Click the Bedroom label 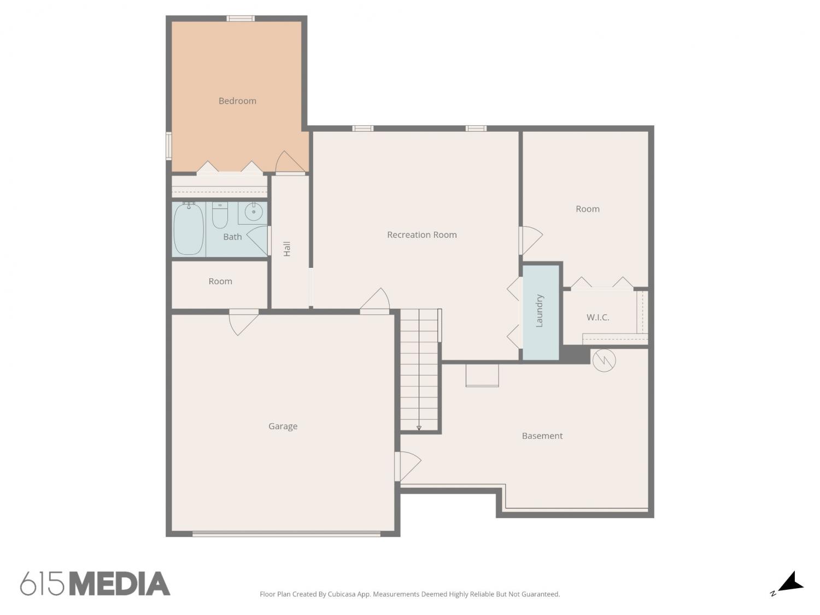[x=237, y=101]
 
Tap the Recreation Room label [x=422, y=235]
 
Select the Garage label [x=283, y=426]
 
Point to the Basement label [x=542, y=436]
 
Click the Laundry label [x=539, y=311]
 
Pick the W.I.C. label [x=598, y=318]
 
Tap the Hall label [x=287, y=249]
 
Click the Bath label [x=232, y=237]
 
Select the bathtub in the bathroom [x=189, y=229]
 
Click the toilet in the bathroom [x=220, y=215]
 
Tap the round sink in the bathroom [x=254, y=212]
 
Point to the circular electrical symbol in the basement [x=604, y=360]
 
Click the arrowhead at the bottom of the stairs [x=419, y=428]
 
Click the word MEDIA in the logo [x=120, y=584]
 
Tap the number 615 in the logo [x=42, y=584]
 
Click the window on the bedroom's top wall [x=241, y=18]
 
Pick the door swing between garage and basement [x=408, y=466]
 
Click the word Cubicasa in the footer [x=342, y=594]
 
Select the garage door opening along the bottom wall [x=286, y=534]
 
